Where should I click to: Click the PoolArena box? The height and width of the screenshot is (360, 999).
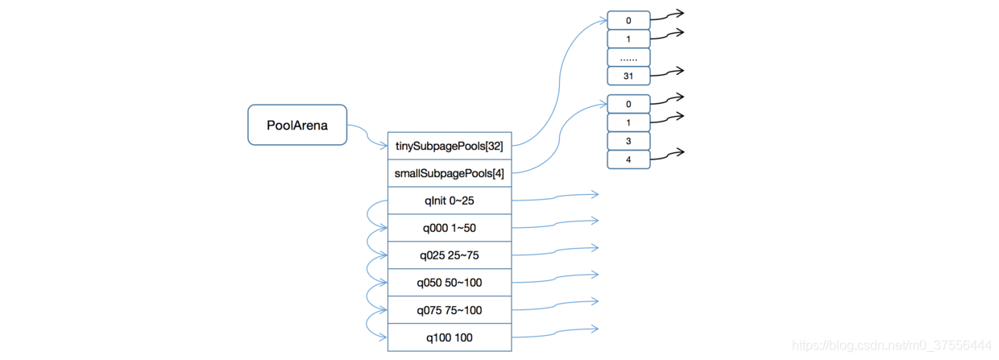click(297, 125)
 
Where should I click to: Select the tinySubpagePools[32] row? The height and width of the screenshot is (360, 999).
click(450, 146)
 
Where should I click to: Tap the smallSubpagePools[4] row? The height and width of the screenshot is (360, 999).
click(450, 173)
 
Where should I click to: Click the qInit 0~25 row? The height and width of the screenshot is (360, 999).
click(450, 201)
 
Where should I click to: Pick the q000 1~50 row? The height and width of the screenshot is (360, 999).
click(450, 228)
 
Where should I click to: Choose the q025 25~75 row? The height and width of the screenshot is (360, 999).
click(450, 255)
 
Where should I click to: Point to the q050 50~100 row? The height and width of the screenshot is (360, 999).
click(450, 283)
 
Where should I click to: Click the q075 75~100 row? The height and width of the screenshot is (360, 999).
click(450, 310)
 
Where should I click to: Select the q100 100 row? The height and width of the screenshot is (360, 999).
click(450, 337)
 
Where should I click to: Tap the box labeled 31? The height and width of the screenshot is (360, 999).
click(628, 76)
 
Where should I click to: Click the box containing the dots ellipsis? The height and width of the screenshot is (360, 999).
click(628, 57)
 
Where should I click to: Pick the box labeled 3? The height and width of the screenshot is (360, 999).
click(628, 141)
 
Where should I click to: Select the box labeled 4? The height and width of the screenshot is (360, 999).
click(628, 159)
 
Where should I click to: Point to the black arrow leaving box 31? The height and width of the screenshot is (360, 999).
click(667, 72)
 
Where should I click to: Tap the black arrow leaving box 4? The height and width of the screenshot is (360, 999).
click(667, 155)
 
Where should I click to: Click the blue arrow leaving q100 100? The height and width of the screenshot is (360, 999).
click(555, 333)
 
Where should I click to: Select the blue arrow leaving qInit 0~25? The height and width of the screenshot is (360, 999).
click(555, 197)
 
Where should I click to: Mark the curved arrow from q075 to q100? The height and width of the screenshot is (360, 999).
click(367, 325)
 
